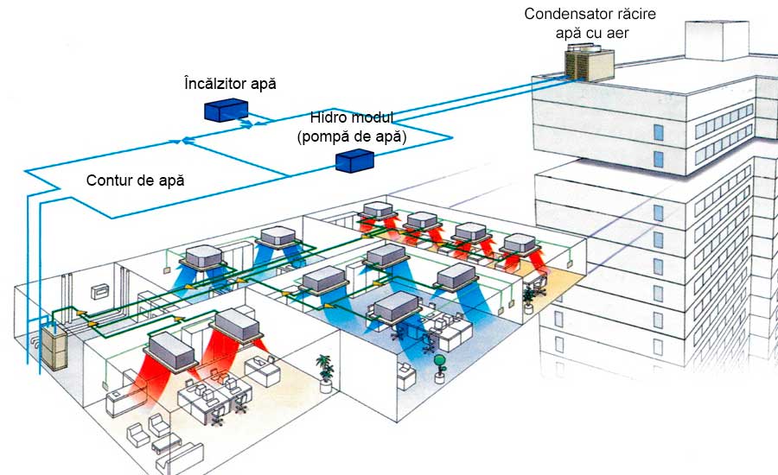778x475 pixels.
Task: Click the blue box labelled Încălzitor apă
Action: click(226, 110)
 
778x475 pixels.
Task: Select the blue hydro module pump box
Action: click(354, 160)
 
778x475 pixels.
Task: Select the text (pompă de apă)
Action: click(351, 136)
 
